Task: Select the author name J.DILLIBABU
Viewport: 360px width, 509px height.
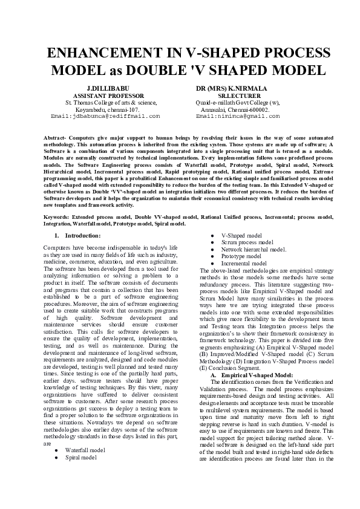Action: (x=105, y=88)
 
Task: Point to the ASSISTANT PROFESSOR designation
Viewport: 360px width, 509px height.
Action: (x=108, y=96)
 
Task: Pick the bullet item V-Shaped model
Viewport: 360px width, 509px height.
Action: (x=241, y=235)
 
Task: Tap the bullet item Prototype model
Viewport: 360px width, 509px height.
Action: (x=241, y=256)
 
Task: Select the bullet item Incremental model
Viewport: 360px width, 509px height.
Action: (x=243, y=264)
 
